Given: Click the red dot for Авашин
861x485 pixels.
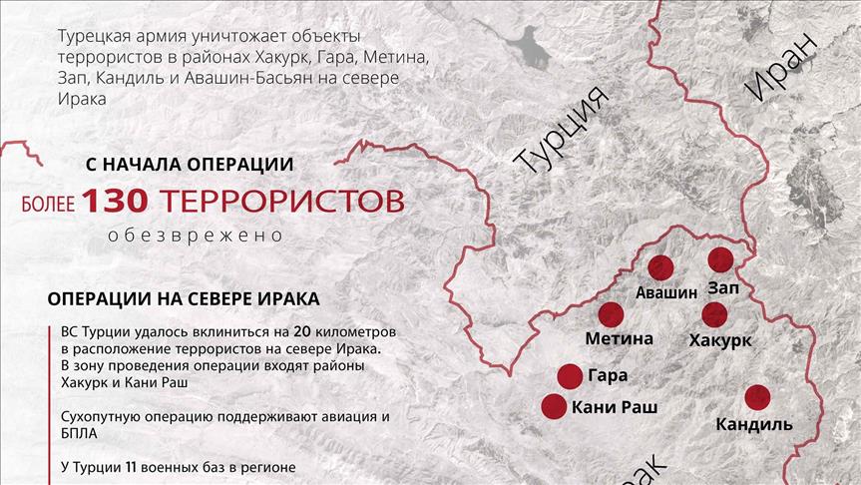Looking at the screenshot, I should pos(661,267).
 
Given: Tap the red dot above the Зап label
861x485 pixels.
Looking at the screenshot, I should pos(720,260).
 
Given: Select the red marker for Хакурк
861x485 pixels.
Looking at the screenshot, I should pos(714,314).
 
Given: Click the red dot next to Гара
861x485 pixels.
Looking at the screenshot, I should pos(570,376).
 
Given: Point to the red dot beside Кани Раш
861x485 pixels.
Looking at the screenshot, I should pos(554,406).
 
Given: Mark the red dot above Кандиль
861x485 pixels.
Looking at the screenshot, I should pos(757,397).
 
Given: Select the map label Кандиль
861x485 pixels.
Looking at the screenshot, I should pos(754,425).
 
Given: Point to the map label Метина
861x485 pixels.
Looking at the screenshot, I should pos(619,338).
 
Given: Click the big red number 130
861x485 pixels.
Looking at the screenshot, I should pos(115,201).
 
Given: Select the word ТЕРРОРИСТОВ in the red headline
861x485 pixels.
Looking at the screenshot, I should pos(281,201).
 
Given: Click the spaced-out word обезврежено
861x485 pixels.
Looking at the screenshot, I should pos(197,237).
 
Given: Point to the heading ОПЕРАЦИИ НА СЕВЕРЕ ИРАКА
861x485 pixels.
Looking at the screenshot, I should pos(184,298).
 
